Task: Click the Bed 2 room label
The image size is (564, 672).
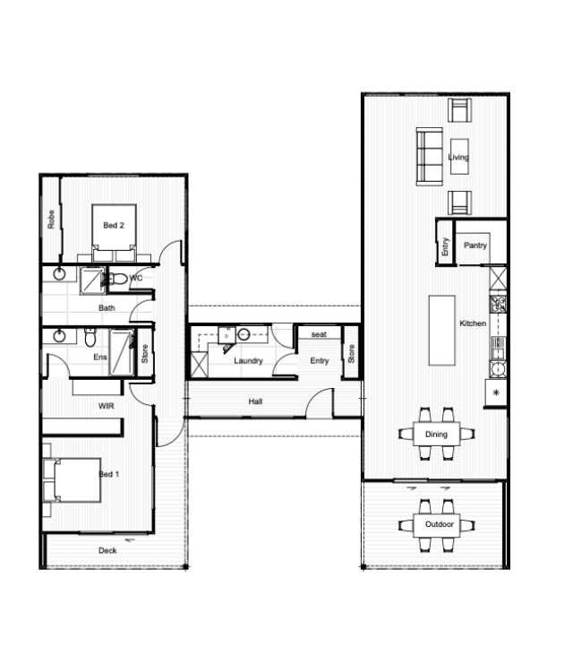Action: point(114,226)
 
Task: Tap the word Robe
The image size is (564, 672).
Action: point(51,219)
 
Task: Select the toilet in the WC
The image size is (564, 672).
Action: point(119,279)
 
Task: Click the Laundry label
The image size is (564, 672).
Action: point(248,361)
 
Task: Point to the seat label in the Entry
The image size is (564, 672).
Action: point(319,334)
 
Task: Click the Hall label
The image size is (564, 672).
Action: point(255,401)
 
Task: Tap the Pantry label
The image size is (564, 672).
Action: point(475,246)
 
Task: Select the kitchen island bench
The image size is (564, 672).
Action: point(442,330)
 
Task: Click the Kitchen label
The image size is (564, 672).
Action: point(473,323)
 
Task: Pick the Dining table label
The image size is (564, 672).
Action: point(436,435)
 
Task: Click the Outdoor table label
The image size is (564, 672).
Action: point(440,524)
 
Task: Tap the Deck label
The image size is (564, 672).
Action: point(107,551)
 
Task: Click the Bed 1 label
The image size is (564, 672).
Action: point(109,474)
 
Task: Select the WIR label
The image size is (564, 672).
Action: point(107,406)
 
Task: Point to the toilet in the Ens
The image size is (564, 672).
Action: point(90,337)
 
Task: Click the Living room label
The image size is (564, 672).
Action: point(458,158)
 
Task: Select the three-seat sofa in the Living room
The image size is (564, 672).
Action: point(430,157)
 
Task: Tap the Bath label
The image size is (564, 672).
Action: point(107,307)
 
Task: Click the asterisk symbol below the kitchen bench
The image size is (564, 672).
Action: point(496,392)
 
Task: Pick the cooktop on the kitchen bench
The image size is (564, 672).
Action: point(498,304)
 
